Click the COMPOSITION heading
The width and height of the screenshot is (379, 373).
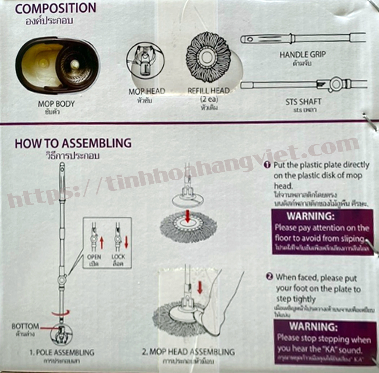click(x=56, y=8)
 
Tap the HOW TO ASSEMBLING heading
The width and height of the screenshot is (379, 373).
click(x=73, y=143)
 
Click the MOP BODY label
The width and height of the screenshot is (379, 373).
click(x=56, y=104)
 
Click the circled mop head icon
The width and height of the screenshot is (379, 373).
click(x=145, y=60)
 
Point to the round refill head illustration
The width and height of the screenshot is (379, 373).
click(x=208, y=57)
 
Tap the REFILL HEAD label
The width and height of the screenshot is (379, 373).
click(x=208, y=91)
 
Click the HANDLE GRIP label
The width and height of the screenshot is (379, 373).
click(x=302, y=55)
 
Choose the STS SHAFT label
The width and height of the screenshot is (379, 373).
click(x=303, y=102)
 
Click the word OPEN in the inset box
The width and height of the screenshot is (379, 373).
click(x=94, y=257)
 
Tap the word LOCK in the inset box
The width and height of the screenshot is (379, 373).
click(x=118, y=257)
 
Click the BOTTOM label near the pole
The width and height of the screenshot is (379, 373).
click(x=25, y=326)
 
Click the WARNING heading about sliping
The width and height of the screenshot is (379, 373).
click(x=310, y=216)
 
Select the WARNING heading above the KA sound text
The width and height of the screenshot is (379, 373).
click(x=313, y=327)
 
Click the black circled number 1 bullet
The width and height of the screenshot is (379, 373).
click(x=267, y=165)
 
